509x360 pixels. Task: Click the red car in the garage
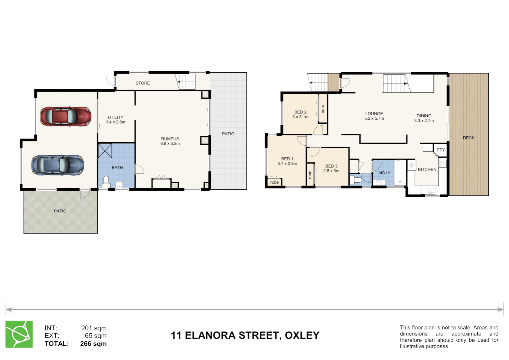[x=66, y=116]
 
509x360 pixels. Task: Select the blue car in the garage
[x=58, y=165]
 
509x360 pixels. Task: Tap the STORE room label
[x=143, y=83]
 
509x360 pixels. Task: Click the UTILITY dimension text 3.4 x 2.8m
[x=116, y=122]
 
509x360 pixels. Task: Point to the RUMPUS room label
[x=170, y=139]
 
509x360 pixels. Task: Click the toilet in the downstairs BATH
[x=106, y=182]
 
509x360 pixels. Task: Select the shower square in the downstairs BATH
[x=105, y=151]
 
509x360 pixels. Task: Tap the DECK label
[x=468, y=138]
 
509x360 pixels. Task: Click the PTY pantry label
[x=440, y=150]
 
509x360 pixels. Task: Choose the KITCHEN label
[x=427, y=169]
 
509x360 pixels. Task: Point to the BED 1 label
[x=287, y=159]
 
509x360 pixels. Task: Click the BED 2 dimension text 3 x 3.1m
[x=300, y=117]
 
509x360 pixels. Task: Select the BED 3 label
[x=331, y=166]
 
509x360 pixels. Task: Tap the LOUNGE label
[x=374, y=114]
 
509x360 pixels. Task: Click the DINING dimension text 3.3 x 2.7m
[x=424, y=121]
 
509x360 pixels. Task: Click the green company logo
[x=19, y=334]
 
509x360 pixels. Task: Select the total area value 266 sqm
[x=93, y=344]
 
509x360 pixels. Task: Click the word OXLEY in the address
[x=302, y=335]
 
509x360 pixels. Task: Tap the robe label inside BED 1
[x=274, y=182]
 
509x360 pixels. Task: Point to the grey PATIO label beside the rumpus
[x=228, y=134]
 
